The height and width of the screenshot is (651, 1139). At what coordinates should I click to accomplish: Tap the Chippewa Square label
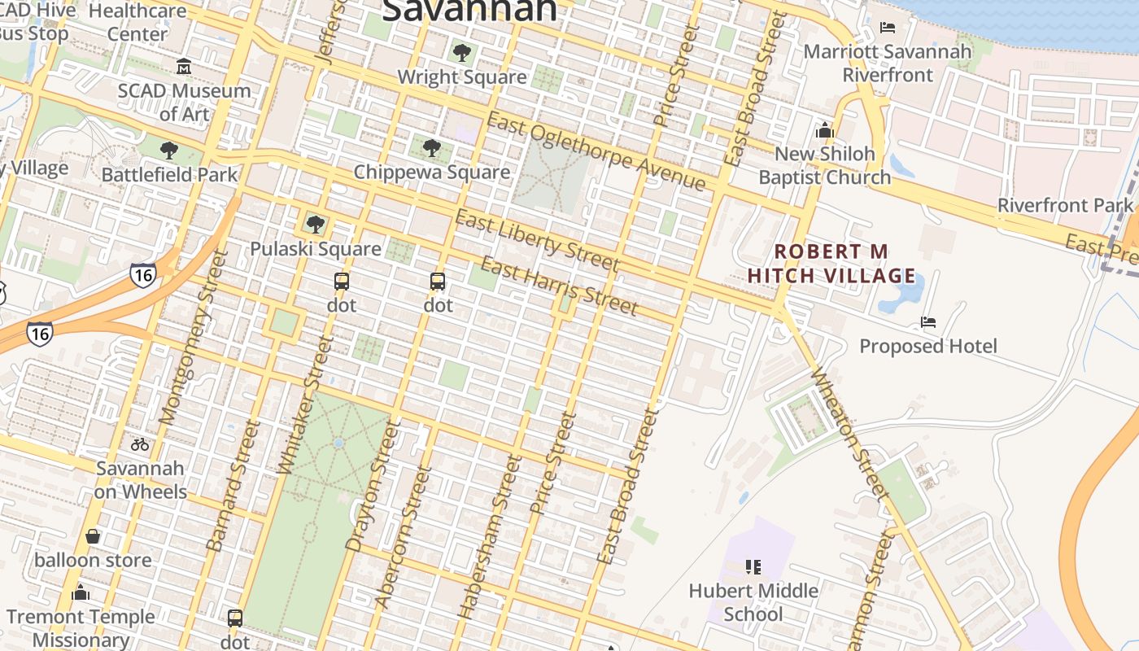tap(432, 173)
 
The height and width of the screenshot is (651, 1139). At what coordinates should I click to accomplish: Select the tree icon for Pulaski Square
tap(316, 225)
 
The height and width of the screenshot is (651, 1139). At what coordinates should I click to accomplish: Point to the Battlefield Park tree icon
tap(169, 151)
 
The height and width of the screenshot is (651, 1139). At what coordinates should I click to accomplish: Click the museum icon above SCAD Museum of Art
tap(184, 66)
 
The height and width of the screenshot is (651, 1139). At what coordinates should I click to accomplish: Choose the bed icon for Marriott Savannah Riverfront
tap(888, 28)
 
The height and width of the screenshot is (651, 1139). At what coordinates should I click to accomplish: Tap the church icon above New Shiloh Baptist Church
tap(825, 130)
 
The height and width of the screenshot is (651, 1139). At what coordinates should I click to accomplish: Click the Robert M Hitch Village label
tap(831, 264)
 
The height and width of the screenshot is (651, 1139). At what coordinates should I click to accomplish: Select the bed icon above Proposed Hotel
tap(928, 322)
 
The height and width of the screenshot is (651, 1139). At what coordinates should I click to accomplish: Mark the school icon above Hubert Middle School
tap(753, 566)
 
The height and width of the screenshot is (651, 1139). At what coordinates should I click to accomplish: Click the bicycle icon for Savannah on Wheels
tap(140, 444)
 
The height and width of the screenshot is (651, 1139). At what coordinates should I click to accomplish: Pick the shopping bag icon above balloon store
tap(93, 536)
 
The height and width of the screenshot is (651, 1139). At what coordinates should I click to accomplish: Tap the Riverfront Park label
tap(1065, 205)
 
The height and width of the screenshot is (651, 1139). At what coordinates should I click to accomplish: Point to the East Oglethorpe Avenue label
tap(596, 152)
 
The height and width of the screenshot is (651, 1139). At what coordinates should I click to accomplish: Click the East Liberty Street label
tap(537, 241)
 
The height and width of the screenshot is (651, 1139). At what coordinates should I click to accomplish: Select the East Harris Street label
tap(559, 286)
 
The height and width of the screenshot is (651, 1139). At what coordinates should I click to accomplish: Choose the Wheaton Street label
tap(849, 433)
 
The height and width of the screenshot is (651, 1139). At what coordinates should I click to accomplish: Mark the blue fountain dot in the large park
tap(338, 443)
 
